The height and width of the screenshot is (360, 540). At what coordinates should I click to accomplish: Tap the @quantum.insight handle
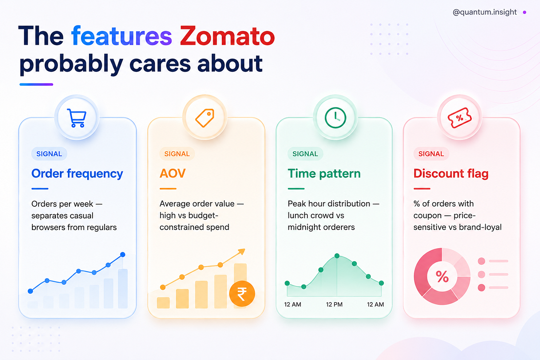point(484,12)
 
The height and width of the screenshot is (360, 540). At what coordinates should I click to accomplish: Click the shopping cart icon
point(77,118)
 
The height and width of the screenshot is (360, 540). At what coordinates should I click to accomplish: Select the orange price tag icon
point(205,118)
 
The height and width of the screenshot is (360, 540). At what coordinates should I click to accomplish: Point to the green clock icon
point(335,118)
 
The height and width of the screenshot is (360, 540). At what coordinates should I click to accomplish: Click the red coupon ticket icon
point(459,118)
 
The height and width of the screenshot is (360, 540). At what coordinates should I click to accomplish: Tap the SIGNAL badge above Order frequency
point(49,154)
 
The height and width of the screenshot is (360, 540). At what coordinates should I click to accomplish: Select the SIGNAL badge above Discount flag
point(431,154)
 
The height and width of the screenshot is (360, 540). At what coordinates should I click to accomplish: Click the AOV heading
point(173,173)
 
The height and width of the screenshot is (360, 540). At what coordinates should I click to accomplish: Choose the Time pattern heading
point(324,174)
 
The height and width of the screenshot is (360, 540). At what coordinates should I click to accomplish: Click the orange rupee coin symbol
point(242,294)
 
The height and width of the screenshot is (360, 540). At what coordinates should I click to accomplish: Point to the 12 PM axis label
point(334,304)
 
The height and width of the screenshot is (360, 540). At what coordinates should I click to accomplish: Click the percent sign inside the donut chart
point(442,277)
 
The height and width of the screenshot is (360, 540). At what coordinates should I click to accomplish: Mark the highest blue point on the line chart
point(123,254)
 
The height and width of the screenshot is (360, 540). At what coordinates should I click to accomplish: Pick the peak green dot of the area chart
point(337,256)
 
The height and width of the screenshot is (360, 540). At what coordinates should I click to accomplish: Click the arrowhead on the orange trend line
point(242,252)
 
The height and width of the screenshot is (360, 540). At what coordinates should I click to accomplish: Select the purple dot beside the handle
point(525,12)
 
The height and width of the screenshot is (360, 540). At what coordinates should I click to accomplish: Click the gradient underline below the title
point(36,85)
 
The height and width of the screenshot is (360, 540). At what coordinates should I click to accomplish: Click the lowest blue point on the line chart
point(30,291)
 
